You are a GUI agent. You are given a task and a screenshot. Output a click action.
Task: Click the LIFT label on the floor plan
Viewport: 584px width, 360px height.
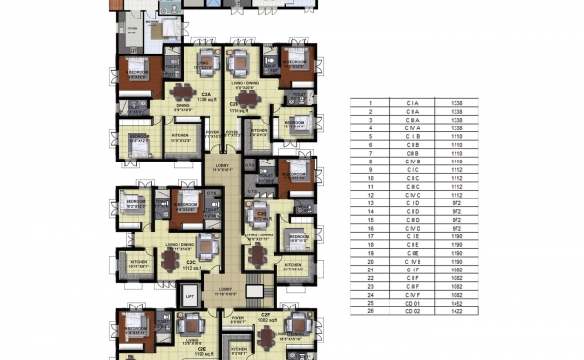click(x=190, y=295)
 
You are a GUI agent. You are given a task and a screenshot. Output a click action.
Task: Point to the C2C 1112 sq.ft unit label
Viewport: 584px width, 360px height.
click(x=192, y=266)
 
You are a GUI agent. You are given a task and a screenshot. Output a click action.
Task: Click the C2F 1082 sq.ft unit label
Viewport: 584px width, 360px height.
click(x=264, y=319)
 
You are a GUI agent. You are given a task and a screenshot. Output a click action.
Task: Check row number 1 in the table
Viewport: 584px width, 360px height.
click(x=370, y=104)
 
